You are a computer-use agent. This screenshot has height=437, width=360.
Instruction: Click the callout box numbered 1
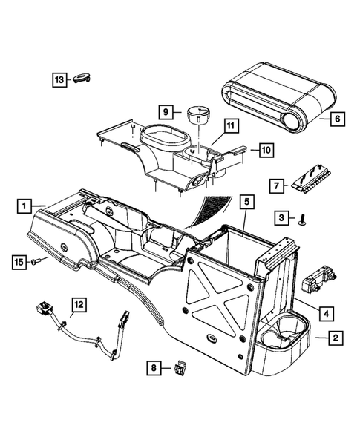coord(24,204)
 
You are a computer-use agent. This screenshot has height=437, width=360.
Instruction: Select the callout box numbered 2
coord(336,338)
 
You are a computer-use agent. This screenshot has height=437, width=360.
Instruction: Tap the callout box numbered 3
coord(281,217)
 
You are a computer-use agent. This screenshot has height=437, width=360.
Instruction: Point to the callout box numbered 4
coord(324,313)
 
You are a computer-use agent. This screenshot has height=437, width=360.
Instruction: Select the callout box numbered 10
coord(265,151)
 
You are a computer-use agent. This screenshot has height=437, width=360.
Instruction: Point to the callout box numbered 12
coord(79,303)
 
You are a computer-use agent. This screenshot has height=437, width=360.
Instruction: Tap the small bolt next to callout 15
coord(37,260)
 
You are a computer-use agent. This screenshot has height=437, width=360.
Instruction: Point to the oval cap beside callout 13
coord(82,79)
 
